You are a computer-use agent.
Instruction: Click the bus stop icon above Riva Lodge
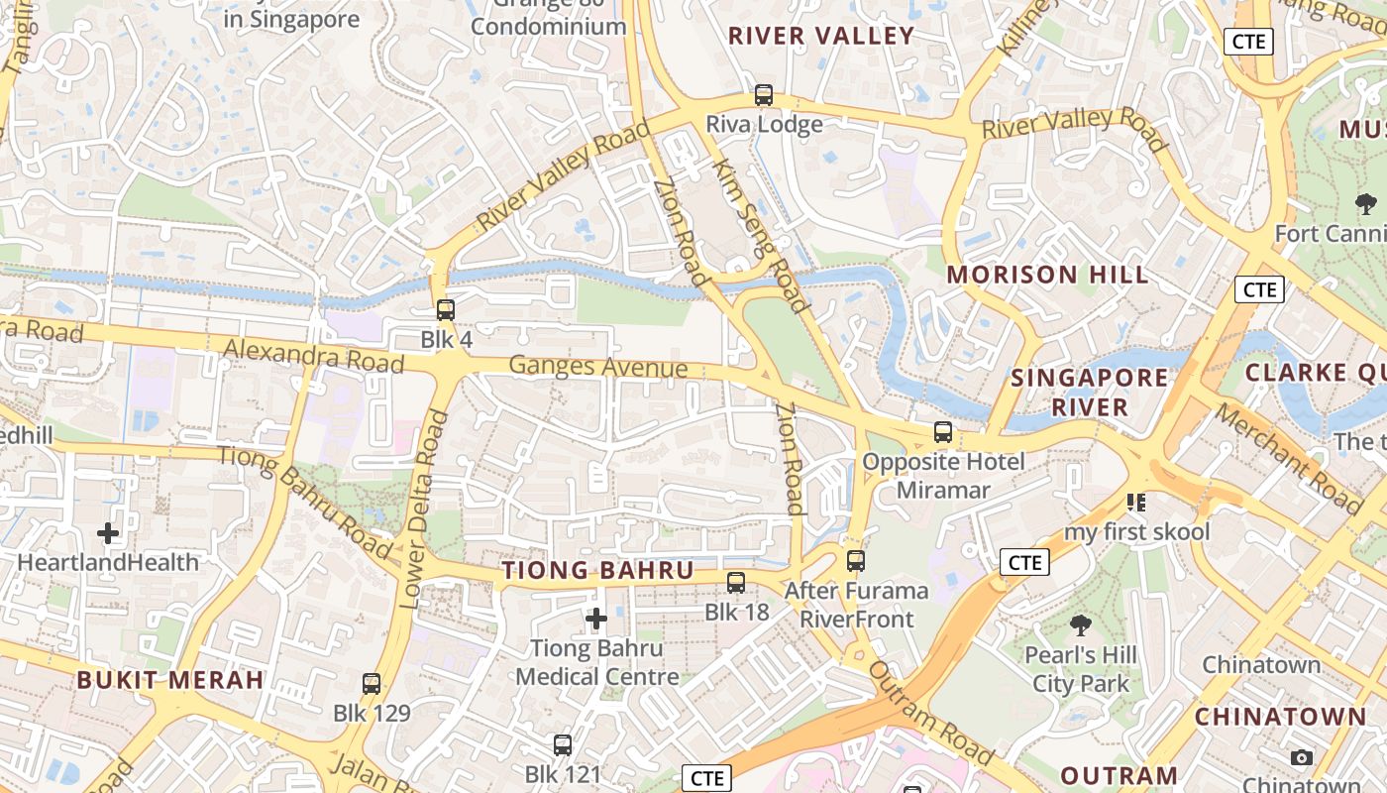coord(764,95)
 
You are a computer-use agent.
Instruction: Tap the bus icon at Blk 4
coord(446,310)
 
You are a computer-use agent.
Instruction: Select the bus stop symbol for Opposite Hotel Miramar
coord(943,432)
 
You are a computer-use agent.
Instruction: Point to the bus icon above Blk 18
coord(736,583)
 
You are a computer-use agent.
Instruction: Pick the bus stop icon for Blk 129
coord(372,683)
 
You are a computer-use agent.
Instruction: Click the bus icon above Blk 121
coord(563,744)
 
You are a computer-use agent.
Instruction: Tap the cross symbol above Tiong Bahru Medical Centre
coord(596,620)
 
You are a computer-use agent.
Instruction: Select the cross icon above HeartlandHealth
coord(108,533)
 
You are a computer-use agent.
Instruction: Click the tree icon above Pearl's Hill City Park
coord(1080,625)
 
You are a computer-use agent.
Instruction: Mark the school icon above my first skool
coord(1136,503)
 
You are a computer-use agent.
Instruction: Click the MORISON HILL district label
coord(1048,275)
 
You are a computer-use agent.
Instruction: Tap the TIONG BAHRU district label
coord(597,571)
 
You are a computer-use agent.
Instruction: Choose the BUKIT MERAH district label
coord(170,680)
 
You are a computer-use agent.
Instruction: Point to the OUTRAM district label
coord(1120,775)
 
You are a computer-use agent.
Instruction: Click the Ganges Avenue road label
coord(597,367)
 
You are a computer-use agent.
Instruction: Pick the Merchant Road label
coord(1289,458)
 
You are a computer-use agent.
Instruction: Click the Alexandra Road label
coord(314,355)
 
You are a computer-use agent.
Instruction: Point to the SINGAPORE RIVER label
coord(1090,392)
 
